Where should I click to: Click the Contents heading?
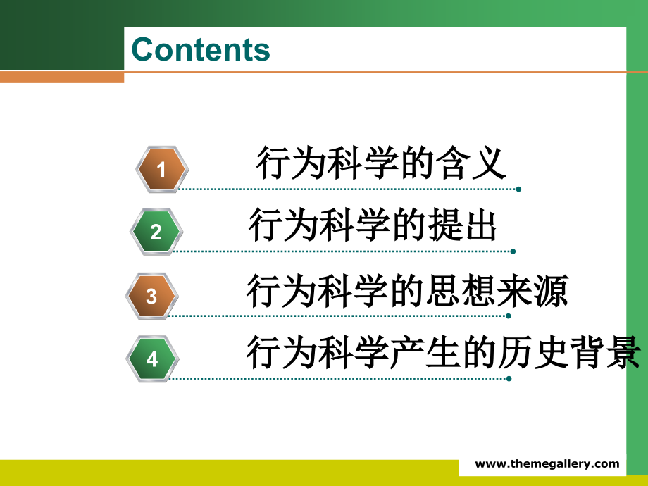[201, 50]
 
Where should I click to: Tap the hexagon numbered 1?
[161, 170]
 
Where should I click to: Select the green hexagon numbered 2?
[156, 232]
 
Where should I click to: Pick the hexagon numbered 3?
[151, 296]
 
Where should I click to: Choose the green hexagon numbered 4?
[152, 359]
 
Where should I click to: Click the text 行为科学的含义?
[381, 163]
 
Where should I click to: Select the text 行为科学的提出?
[373, 226]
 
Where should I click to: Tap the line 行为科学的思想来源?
[407, 290]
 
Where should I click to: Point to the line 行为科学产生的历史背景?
[444, 352]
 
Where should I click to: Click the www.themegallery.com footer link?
[547, 463]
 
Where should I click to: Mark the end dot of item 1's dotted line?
[518, 189]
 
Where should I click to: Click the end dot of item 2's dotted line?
[513, 251]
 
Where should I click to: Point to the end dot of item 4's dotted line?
[509, 378]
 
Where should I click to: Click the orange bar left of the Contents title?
[62, 77]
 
